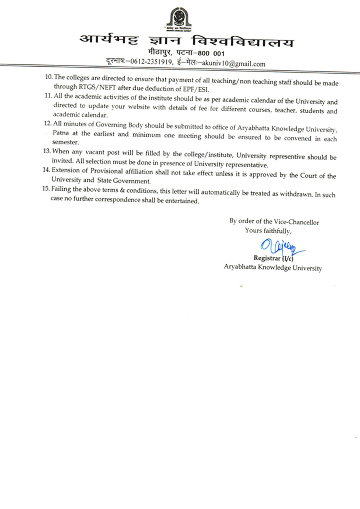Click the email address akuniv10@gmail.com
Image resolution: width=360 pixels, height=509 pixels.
[234, 64]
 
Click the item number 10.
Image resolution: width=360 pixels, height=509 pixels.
[49, 77]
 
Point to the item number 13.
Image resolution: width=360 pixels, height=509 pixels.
[47, 151]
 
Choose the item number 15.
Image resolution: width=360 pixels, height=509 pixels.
[46, 189]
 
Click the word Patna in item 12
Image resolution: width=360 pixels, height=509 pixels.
[60, 132]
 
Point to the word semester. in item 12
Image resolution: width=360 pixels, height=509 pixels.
[65, 142]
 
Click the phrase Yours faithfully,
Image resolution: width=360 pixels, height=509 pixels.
[268, 231]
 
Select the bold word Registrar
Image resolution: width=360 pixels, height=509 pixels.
[267, 258]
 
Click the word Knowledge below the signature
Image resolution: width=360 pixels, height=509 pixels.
[274, 267]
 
